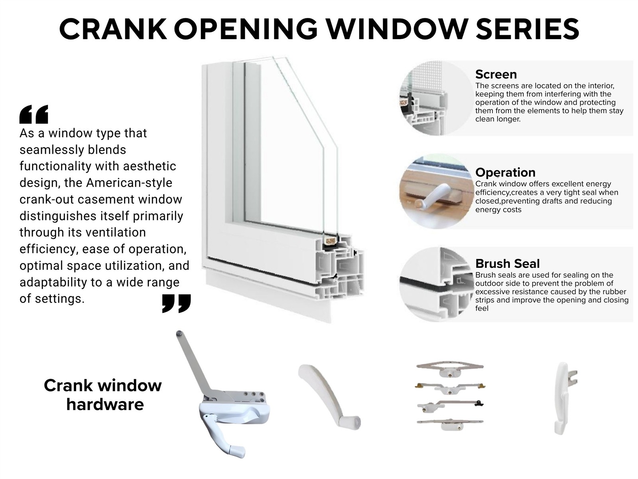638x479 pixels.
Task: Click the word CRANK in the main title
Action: (x=113, y=29)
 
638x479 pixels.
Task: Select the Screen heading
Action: (x=496, y=74)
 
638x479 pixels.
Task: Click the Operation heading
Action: (x=505, y=172)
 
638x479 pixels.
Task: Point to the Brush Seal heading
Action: (x=508, y=263)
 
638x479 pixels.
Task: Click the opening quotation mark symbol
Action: (x=34, y=114)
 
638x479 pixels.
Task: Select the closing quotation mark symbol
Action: (x=176, y=303)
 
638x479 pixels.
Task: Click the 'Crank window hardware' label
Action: (x=103, y=395)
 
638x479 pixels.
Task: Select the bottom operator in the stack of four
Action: (x=450, y=424)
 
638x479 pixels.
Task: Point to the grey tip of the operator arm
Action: (x=179, y=333)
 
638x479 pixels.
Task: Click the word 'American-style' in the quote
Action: (x=129, y=183)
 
